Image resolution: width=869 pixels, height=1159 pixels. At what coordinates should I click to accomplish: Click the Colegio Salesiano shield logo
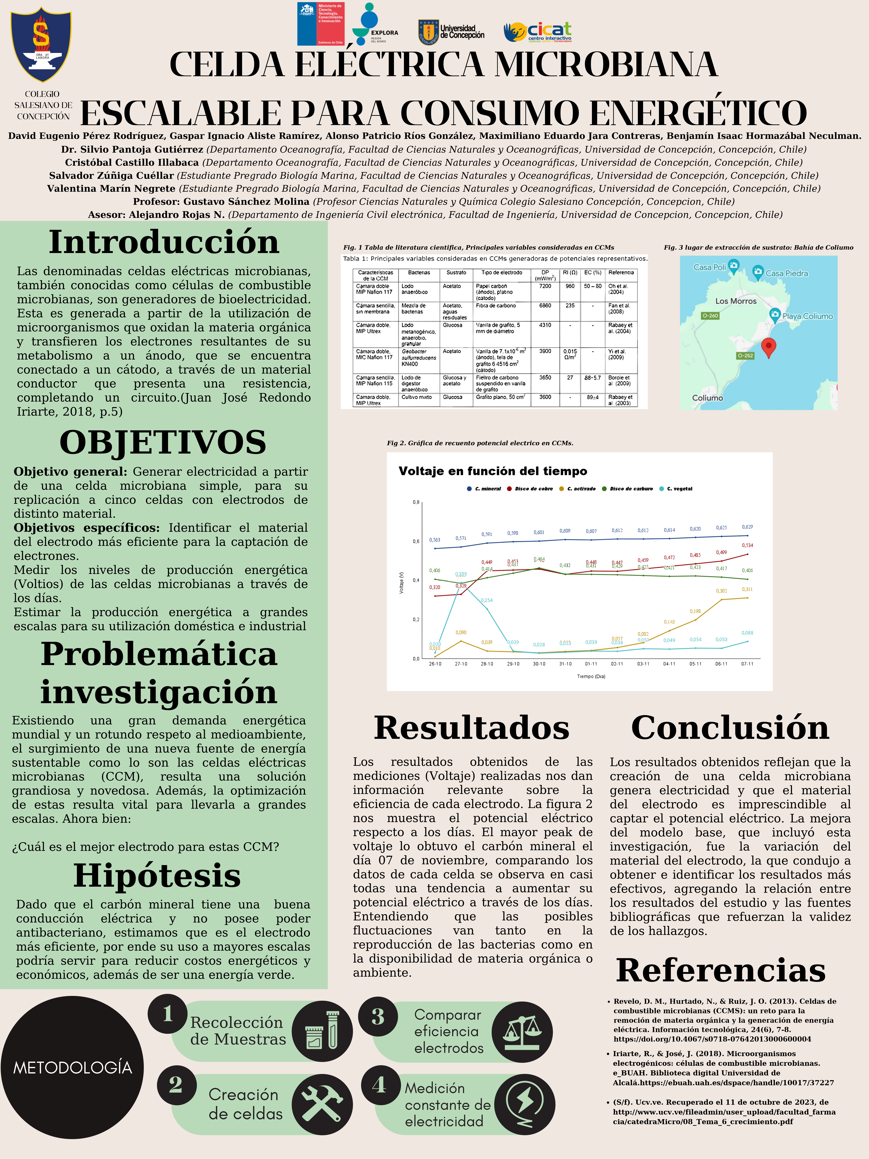click(x=41, y=44)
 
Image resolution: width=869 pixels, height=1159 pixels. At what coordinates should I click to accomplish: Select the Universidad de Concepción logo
click(x=451, y=32)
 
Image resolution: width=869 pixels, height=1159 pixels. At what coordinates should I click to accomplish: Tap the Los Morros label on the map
click(x=736, y=301)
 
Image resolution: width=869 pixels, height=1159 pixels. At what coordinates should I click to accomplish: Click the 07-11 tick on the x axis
click(x=747, y=664)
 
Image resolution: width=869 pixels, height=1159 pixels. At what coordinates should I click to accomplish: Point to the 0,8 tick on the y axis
click(x=416, y=502)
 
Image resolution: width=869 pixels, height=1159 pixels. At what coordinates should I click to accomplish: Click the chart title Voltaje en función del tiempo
click(x=492, y=471)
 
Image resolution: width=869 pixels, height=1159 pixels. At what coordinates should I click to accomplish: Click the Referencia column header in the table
click(x=621, y=272)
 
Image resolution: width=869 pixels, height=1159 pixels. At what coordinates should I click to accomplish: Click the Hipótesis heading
click(x=157, y=876)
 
